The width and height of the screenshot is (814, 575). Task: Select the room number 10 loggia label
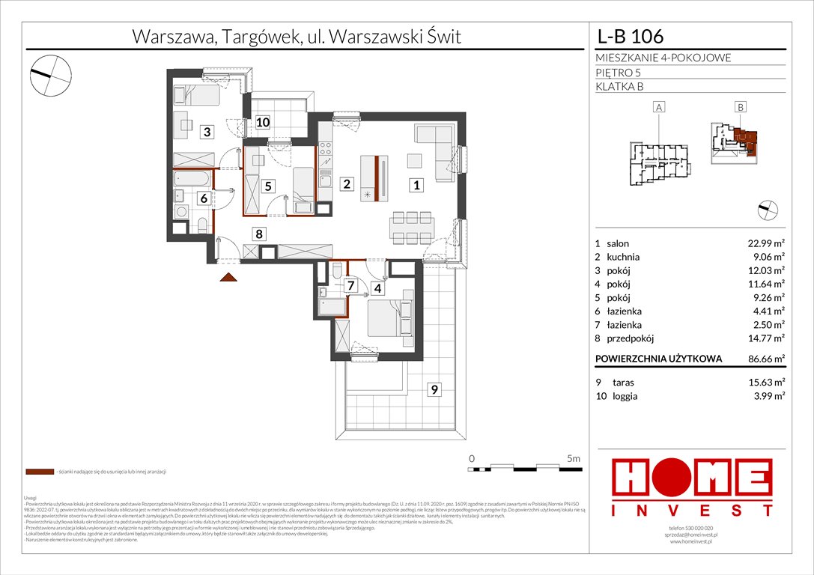tap(262, 123)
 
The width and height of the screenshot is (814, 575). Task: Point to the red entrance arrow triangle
tap(228, 277)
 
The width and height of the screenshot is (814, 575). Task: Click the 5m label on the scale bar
tap(574, 457)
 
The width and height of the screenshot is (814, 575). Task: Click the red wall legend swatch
tap(39, 472)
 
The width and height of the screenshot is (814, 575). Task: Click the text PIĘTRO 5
tap(618, 73)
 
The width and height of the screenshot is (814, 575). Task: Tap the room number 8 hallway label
tap(259, 234)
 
